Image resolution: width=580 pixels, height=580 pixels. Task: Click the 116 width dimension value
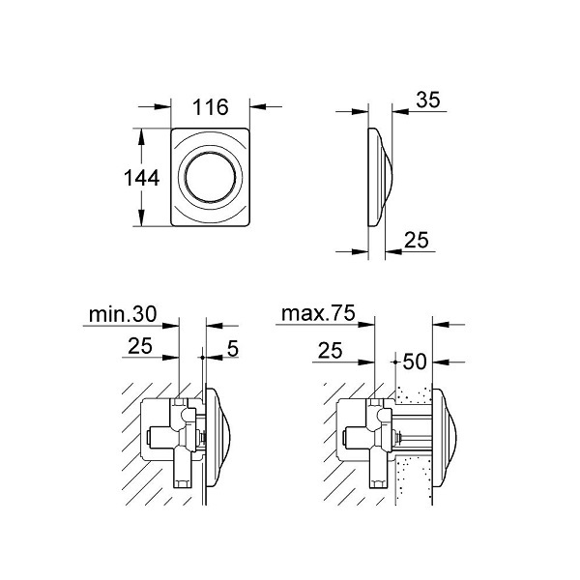(211, 107)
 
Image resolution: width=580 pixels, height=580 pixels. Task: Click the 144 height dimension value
(141, 178)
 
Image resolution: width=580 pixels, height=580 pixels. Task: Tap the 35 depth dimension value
(428, 100)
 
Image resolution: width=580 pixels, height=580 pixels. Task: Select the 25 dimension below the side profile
(416, 240)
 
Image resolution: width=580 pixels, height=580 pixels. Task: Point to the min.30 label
(123, 314)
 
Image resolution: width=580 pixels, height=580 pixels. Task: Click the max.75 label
(318, 313)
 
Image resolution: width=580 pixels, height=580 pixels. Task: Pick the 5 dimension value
(233, 348)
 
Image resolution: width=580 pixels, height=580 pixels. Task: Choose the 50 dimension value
(415, 362)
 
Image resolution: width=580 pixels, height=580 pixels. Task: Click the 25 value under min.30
(140, 346)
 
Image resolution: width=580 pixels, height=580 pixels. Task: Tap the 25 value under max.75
(330, 350)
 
